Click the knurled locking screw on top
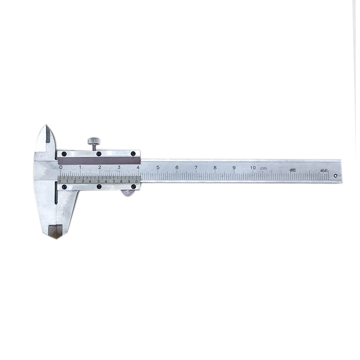click(94, 141)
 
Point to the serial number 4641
click(323, 171)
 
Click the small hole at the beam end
click(335, 170)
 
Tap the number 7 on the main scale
click(196, 167)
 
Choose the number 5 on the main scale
click(158, 167)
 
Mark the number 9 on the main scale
click(234, 168)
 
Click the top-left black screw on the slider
click(64, 154)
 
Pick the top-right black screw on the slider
click(134, 154)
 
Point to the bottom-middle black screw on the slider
click(99, 186)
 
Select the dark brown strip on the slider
click(99, 160)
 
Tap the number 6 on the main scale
click(177, 167)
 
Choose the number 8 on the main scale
click(215, 168)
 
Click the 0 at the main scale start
click(61, 167)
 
